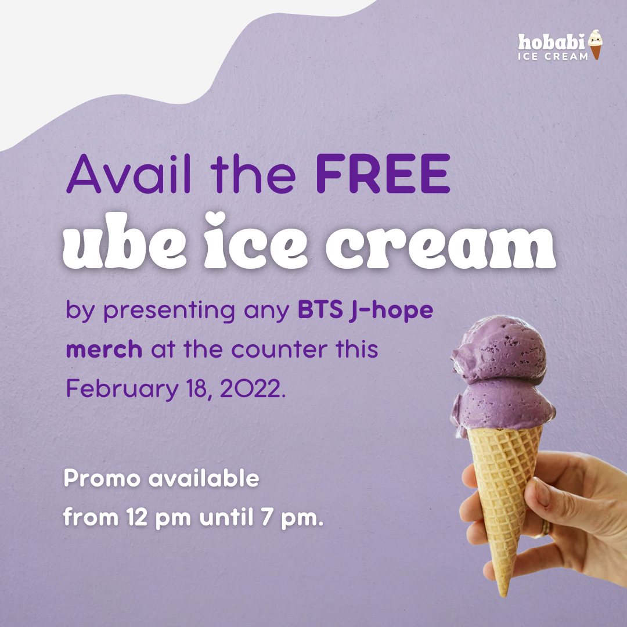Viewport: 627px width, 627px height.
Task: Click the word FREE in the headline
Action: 383,174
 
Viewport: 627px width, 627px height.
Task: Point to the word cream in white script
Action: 440,247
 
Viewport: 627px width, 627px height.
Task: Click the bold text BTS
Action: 320,310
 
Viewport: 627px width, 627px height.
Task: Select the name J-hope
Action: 391,312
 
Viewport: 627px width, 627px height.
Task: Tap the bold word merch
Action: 104,349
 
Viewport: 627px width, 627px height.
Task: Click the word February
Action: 122,389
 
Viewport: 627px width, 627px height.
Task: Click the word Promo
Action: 102,478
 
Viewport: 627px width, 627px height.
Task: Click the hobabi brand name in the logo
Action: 552,42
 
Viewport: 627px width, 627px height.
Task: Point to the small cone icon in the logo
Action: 596,44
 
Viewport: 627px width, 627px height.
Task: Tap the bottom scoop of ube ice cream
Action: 503,406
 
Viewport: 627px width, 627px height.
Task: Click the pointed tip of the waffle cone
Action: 504,594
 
